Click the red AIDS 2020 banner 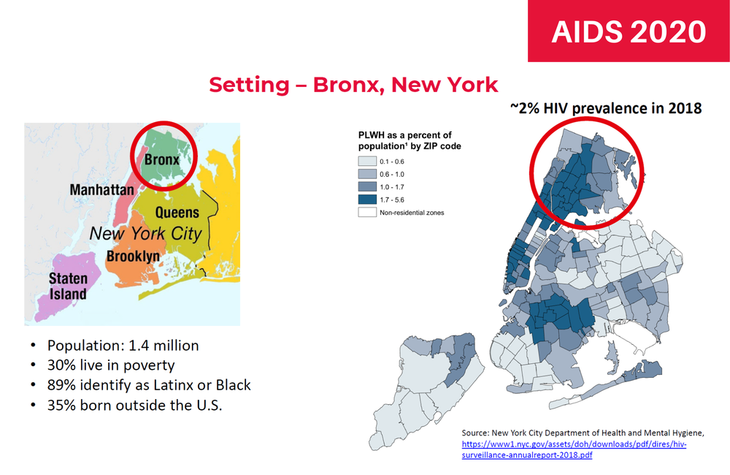point(629,31)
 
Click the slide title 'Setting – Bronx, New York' point(353,85)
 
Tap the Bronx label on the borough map point(161,159)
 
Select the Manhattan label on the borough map point(102,190)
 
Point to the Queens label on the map point(177,213)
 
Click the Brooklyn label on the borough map point(133,256)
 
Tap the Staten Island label point(68,286)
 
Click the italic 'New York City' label point(146,233)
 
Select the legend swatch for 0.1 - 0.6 point(367,161)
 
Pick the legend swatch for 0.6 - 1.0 point(367,174)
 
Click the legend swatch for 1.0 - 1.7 point(367,187)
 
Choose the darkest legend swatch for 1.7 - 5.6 point(367,199)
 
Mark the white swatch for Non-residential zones point(367,213)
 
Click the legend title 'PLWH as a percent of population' point(410,140)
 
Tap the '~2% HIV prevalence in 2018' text point(606,108)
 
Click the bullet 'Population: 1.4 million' point(123,346)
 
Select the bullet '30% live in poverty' point(111,365)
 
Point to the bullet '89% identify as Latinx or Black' point(149,385)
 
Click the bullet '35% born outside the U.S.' point(134,405)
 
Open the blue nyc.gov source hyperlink point(574,449)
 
